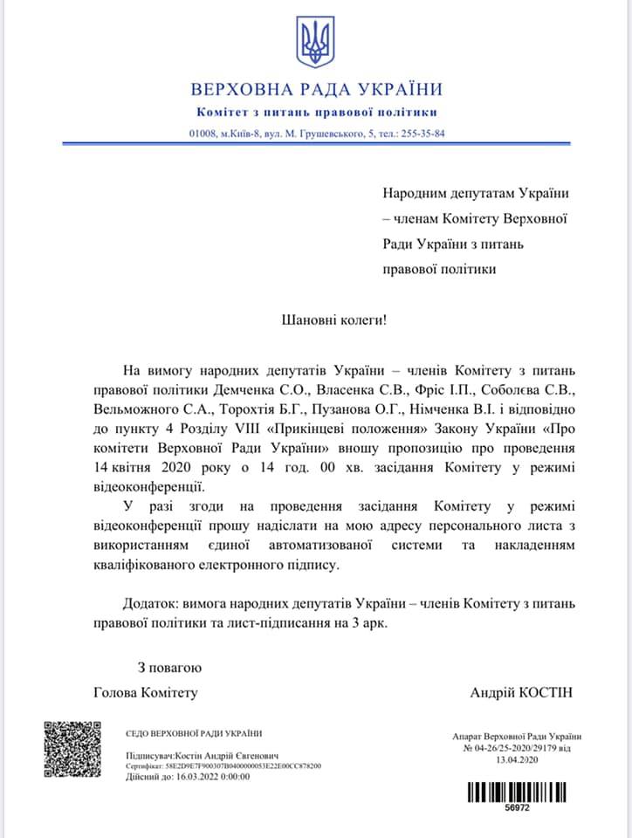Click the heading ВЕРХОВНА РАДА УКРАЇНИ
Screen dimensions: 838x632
coord(315,89)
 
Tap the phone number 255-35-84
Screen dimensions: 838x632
coord(422,134)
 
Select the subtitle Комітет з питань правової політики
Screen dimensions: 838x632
coord(315,112)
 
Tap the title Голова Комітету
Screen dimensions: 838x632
coord(146,692)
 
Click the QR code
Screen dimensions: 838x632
coord(73,750)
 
